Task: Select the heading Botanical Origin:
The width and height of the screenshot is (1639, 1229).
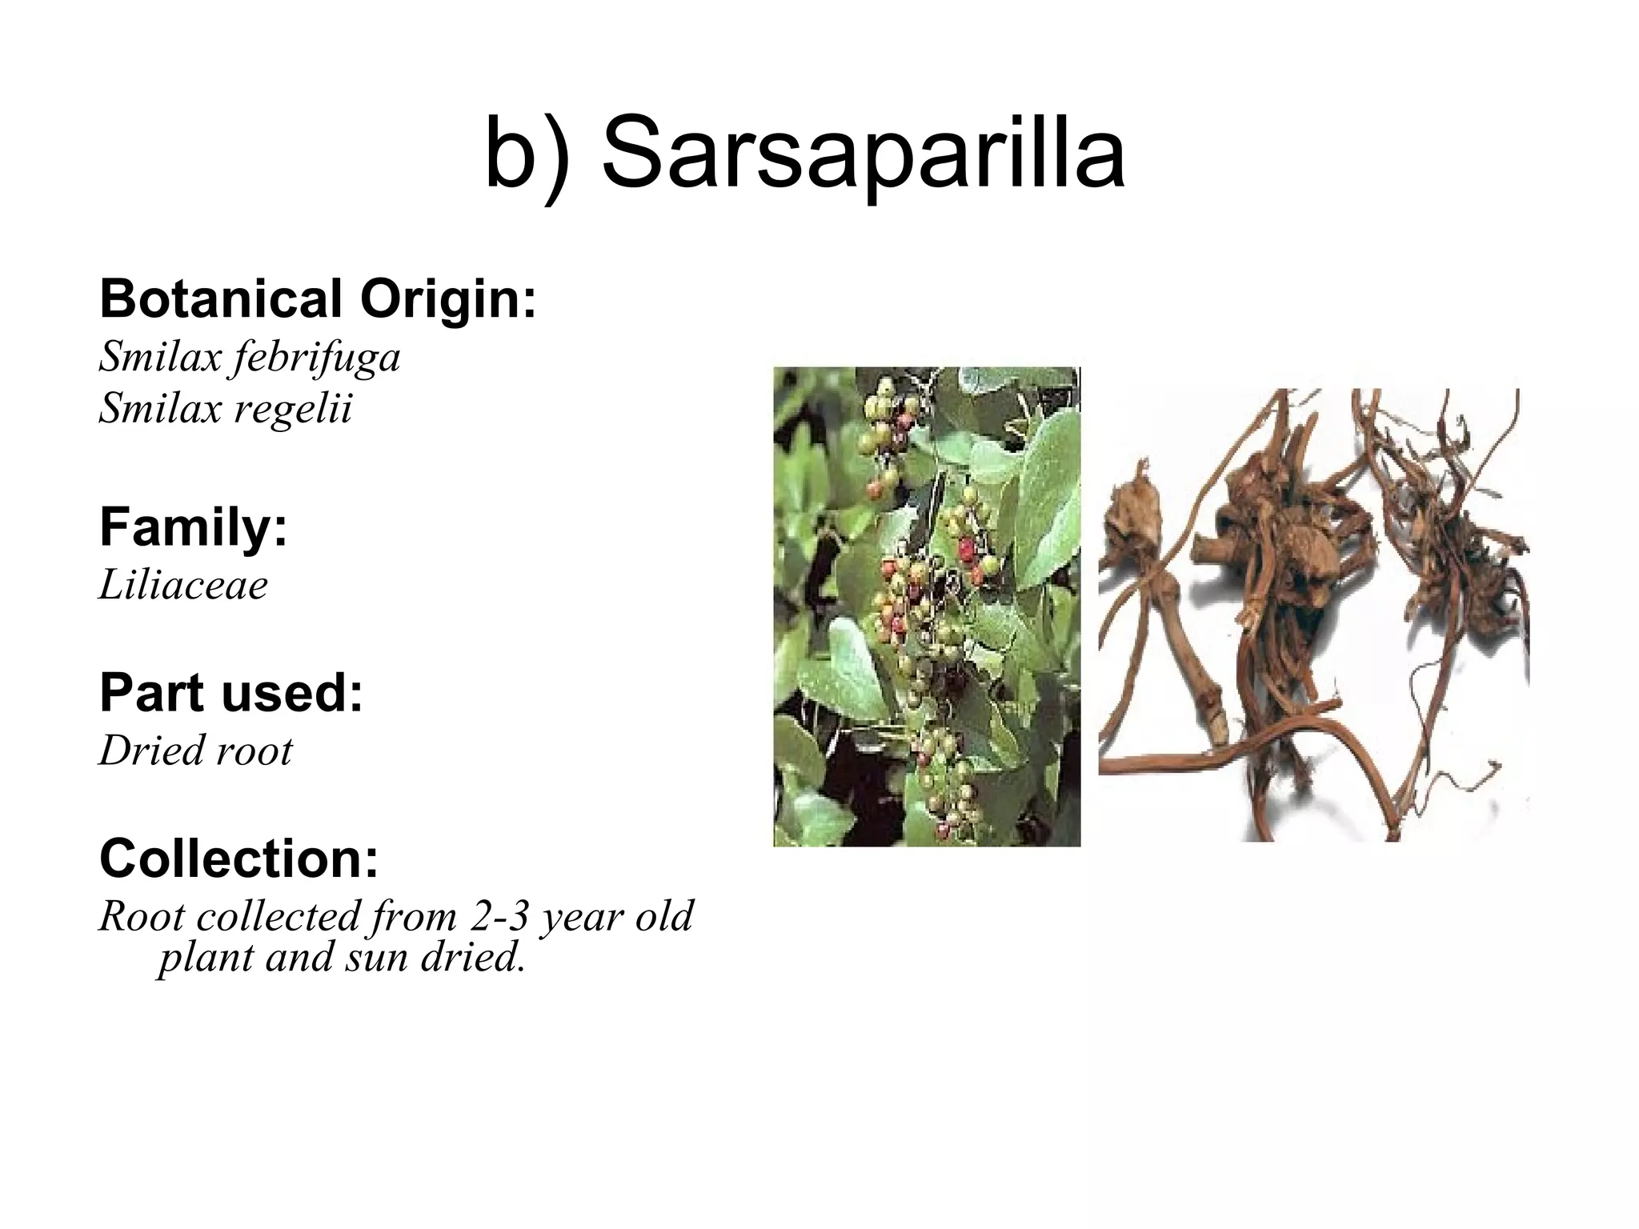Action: pos(318,299)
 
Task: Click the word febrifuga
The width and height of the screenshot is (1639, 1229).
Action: pos(315,357)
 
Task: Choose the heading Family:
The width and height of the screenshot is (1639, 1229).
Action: pos(193,528)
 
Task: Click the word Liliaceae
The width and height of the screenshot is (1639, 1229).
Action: pos(183,585)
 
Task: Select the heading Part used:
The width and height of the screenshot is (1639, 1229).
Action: pos(231,693)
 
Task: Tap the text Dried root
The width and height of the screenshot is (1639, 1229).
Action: pos(196,751)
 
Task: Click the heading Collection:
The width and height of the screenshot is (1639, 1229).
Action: pos(238,859)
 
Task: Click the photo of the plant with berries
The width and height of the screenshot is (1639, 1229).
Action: pos(927,606)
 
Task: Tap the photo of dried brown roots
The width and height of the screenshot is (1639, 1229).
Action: pos(1312,614)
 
